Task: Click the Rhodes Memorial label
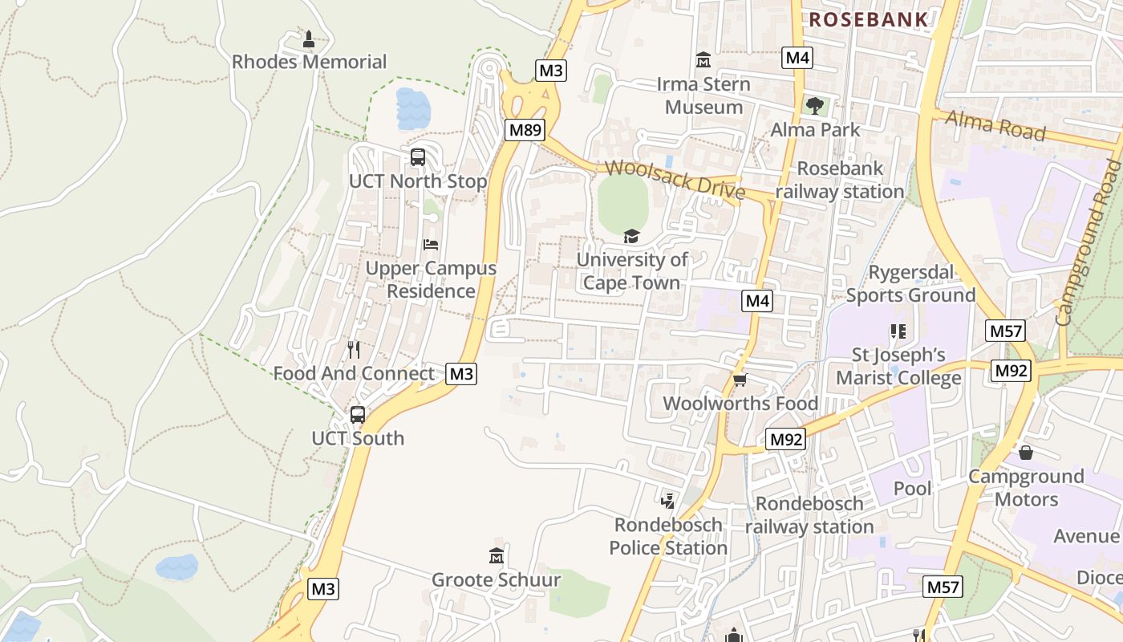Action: pyautogui.click(x=309, y=62)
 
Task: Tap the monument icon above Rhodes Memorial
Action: pyautogui.click(x=309, y=38)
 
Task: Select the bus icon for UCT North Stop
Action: pyautogui.click(x=418, y=156)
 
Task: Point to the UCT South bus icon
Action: pyautogui.click(x=358, y=415)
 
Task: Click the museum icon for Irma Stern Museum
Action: pyautogui.click(x=703, y=59)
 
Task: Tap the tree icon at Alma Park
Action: pyautogui.click(x=815, y=105)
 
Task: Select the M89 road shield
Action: pyautogui.click(x=525, y=129)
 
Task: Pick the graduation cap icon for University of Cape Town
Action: pyautogui.click(x=632, y=236)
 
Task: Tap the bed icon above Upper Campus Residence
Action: pyautogui.click(x=431, y=244)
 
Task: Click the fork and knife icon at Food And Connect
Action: pyautogui.click(x=353, y=350)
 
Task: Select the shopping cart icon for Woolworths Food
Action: pyautogui.click(x=740, y=380)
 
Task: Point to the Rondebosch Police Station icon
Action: pyautogui.click(x=667, y=502)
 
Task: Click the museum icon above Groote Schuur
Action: pyautogui.click(x=496, y=555)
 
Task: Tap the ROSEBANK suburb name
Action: pyautogui.click(x=868, y=20)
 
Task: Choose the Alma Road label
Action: pyautogui.click(x=995, y=125)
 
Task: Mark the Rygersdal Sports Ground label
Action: pyautogui.click(x=910, y=284)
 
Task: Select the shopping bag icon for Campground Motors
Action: pyautogui.click(x=1025, y=453)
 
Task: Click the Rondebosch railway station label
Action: pyautogui.click(x=809, y=515)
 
